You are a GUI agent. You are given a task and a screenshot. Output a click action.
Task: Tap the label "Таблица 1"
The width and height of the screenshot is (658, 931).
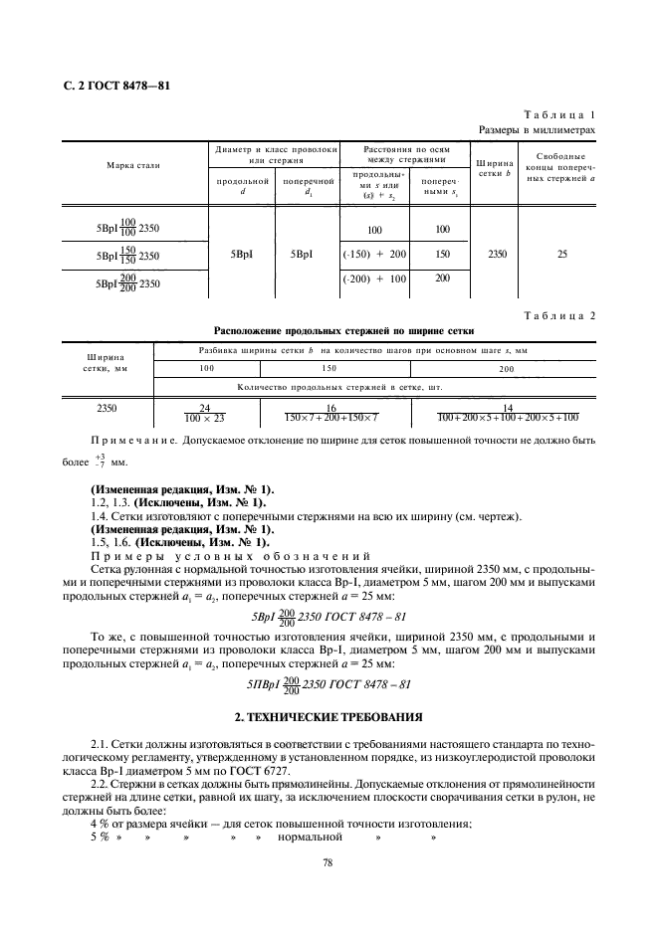point(564,115)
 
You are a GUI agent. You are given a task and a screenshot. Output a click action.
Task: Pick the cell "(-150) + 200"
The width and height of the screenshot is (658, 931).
point(374,255)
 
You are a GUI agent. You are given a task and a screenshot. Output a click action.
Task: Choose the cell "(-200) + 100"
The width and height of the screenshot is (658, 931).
point(374,279)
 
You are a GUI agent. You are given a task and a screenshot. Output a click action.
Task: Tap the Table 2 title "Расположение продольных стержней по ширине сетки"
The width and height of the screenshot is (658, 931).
point(344,330)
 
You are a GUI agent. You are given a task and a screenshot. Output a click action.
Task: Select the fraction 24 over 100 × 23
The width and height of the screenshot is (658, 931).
point(207,413)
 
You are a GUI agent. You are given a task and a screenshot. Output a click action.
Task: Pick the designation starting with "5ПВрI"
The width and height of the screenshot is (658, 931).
point(329,684)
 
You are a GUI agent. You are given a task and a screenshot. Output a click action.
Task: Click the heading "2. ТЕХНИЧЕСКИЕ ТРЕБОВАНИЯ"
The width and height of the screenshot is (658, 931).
point(328,717)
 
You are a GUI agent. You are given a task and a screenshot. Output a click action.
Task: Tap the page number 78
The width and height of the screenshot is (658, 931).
point(328,863)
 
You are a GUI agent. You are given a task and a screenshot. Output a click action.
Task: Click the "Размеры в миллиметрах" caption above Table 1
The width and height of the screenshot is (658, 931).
point(538,129)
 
